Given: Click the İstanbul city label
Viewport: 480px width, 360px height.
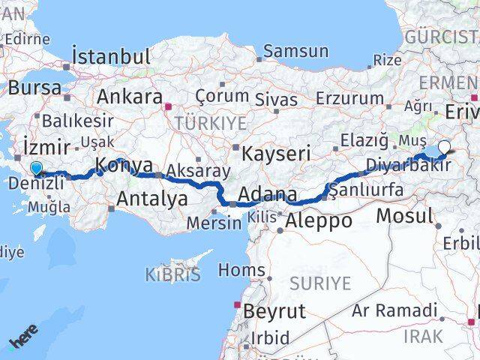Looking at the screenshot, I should [111, 56].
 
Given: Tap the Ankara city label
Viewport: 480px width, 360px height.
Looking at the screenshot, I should [130, 97].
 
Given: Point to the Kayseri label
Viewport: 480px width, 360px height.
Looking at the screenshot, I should [276, 154].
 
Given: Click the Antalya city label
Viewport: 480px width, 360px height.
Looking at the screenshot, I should [152, 199].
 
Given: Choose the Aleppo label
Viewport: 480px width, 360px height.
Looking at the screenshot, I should [319, 220].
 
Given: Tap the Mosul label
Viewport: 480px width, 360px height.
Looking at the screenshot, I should [404, 216].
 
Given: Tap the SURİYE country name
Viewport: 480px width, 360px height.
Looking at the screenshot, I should [320, 283].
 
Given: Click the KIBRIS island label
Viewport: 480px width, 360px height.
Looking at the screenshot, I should [174, 274].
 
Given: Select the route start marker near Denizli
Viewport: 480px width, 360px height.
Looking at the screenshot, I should [36, 148].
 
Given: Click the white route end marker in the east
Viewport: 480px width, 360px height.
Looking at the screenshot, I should [445, 148].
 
